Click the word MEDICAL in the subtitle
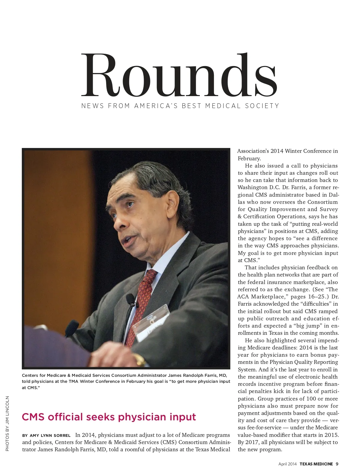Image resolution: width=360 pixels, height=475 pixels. coord(223,106)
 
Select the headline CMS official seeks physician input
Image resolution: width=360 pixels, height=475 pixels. coord(109,417)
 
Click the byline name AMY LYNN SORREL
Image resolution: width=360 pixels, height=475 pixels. coord(50,435)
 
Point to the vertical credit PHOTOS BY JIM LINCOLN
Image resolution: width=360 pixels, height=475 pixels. coord(7,423)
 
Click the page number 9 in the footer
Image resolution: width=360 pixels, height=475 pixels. coord(337,464)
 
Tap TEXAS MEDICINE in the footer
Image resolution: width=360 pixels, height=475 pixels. coord(316,464)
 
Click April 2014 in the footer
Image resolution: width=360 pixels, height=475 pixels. coord(287,464)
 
